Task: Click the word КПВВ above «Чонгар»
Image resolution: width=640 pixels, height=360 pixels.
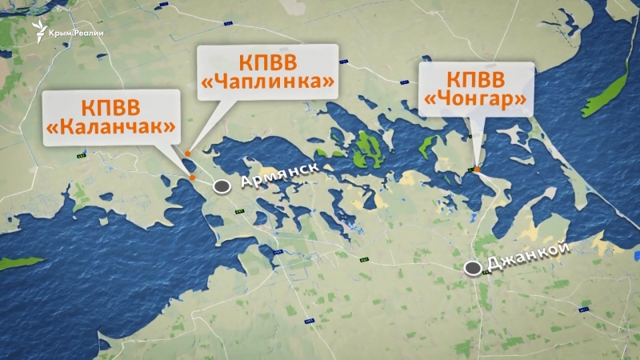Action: click(476, 81)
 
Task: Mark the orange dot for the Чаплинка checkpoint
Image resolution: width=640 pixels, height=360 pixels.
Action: click(187, 154)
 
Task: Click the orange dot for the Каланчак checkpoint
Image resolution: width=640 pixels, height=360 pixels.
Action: click(192, 178)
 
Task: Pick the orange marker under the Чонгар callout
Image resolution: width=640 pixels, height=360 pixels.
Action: click(476, 169)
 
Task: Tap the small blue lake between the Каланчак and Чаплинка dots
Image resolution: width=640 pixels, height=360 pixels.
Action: click(193, 165)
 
